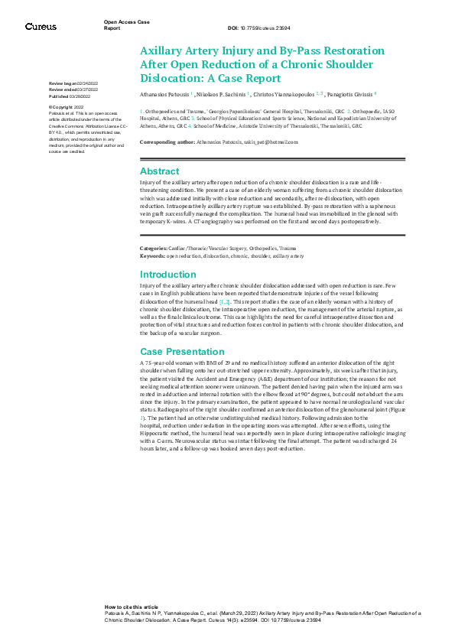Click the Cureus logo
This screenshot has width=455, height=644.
[41, 27]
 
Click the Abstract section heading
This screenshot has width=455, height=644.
[159, 171]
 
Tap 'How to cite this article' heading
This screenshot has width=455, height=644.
[132, 605]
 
